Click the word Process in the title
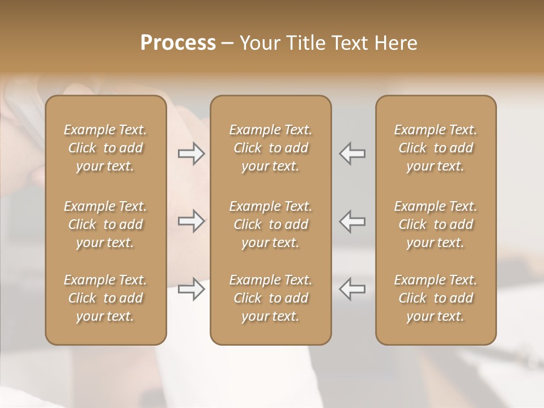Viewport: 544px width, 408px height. click(178, 43)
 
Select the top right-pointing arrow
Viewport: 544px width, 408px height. click(192, 154)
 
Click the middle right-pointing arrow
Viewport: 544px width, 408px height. click(192, 221)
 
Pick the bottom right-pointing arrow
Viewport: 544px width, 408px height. click(192, 289)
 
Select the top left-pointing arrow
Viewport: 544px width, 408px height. click(352, 154)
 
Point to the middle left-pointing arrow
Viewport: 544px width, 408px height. click(352, 221)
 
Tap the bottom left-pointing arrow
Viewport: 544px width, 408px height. click(352, 289)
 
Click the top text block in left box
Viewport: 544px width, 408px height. click(105, 148)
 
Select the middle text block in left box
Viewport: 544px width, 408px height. click(105, 224)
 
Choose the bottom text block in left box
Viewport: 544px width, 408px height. click(105, 298)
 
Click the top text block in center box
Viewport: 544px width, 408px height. click(270, 148)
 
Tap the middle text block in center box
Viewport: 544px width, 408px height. click(270, 224)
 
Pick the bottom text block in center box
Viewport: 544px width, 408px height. click(270, 298)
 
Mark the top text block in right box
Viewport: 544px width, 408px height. click(436, 148)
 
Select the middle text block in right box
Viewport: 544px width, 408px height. click(436, 224)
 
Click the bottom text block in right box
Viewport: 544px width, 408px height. click(436, 298)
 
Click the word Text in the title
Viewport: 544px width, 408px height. click(346, 43)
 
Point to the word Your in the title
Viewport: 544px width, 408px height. click(258, 43)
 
